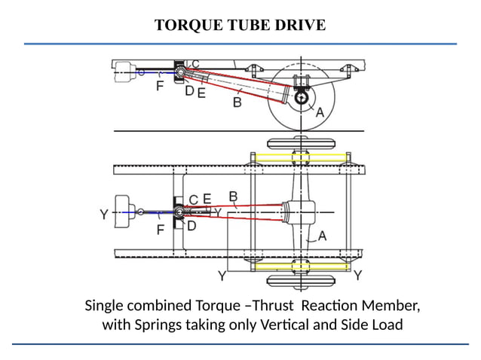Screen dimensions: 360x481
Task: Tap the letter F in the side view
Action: [x=160, y=86]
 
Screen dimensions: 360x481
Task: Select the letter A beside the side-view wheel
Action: [x=320, y=111]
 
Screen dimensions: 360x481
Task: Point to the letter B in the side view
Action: [x=237, y=102]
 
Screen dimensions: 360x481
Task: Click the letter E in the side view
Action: [x=201, y=93]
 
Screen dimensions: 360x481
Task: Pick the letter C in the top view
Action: [x=193, y=200]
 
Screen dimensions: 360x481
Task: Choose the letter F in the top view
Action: [x=161, y=230]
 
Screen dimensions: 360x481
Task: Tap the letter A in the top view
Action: [x=322, y=236]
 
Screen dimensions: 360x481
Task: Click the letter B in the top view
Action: [x=233, y=198]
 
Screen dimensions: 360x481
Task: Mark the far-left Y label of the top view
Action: [x=104, y=215]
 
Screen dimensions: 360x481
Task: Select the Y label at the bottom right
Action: [x=357, y=276]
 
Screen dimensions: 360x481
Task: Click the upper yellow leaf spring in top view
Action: [x=302, y=157]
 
